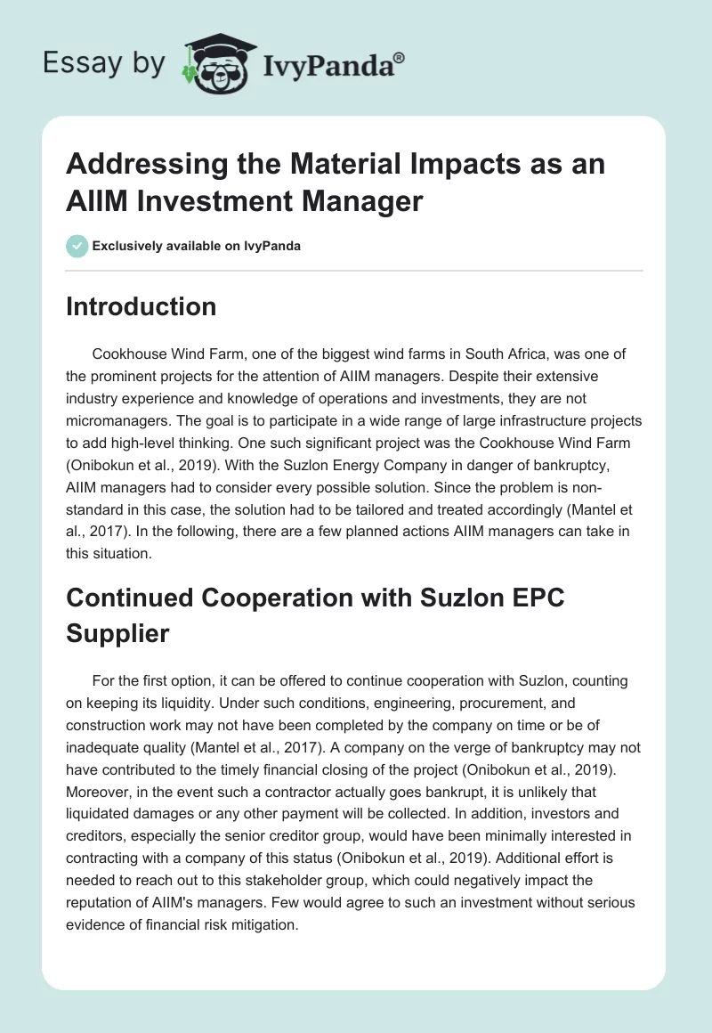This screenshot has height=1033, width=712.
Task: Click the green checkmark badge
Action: click(x=77, y=246)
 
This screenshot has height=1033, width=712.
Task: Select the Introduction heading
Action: click(x=142, y=306)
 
